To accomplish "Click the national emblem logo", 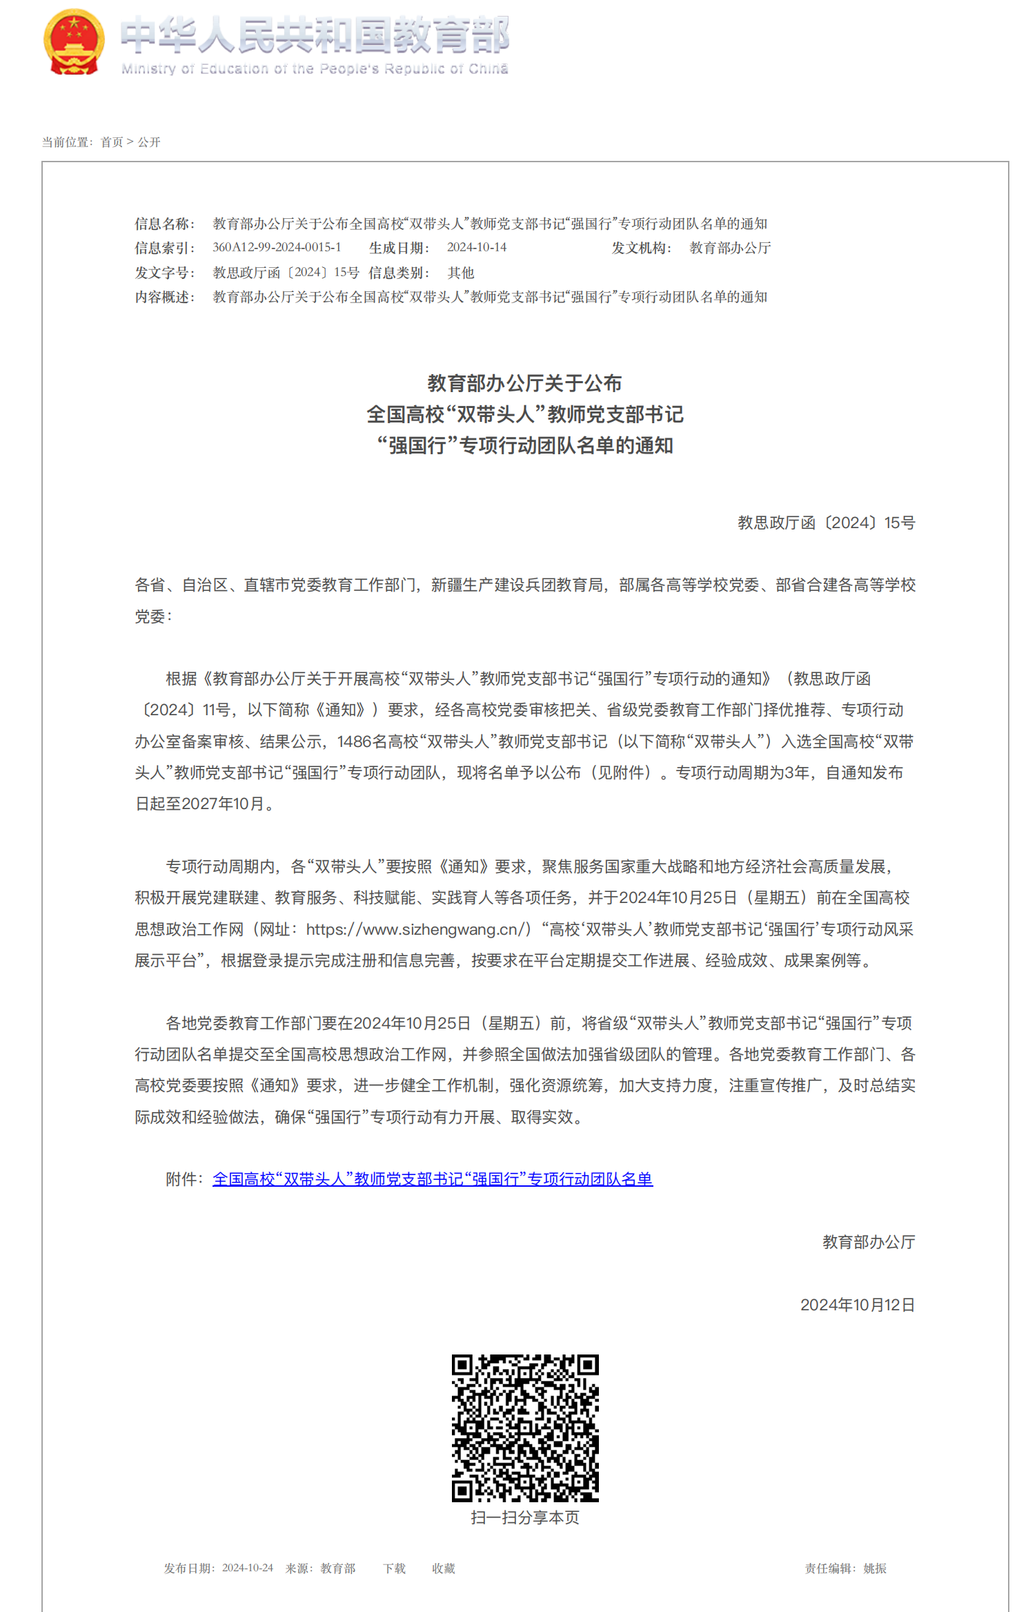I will coord(74,41).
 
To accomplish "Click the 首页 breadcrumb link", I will coord(112,142).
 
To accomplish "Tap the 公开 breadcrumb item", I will coord(149,142).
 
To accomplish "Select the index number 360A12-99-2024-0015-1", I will coord(277,247).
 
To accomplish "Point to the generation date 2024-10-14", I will coord(477,247).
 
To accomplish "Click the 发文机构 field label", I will coord(641,248).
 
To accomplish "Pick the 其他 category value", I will coord(461,273).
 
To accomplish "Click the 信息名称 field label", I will coord(164,224).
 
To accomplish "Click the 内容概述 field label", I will coord(164,297).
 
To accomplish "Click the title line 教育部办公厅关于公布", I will coord(524,383).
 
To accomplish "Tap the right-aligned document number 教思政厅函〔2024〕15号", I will coord(826,523).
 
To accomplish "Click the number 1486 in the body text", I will coord(354,741).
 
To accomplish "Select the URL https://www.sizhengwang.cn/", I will coord(419,929).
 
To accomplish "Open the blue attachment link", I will coord(433,1179).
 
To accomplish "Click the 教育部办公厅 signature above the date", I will coord(869,1242).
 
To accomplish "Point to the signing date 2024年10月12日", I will coord(858,1305).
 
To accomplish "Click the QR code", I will coord(525,1428).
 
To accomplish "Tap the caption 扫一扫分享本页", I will coord(525,1517).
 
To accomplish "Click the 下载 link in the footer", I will coord(395,1569).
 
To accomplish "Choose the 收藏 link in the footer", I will coord(444,1569).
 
